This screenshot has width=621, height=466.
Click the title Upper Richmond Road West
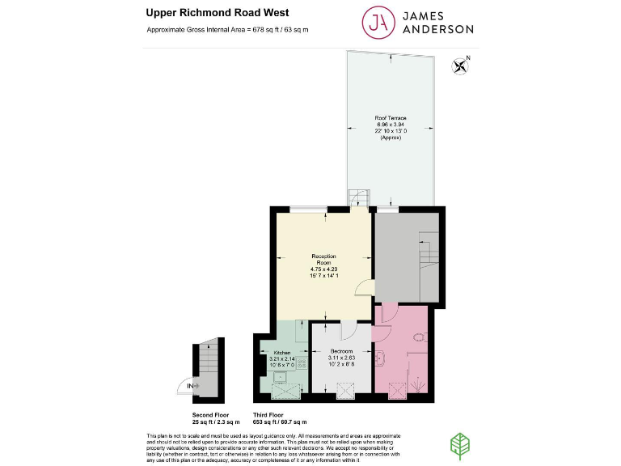(x=206, y=12)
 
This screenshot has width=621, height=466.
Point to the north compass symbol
(x=462, y=66)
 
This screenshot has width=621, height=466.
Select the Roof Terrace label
(x=390, y=128)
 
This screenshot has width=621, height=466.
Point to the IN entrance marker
(x=191, y=387)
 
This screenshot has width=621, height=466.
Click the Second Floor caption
(x=216, y=417)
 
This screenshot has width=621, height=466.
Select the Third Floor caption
(x=280, y=417)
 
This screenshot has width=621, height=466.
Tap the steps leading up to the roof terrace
(x=356, y=198)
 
